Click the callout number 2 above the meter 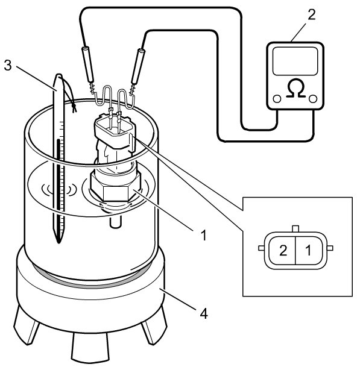pos(312,14)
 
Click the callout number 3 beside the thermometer pos(8,65)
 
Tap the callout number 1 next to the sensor pos(203,235)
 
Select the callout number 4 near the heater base pos(204,313)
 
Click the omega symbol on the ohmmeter pos(296,88)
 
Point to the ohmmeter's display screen pos(295,61)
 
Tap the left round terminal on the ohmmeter pos(277,99)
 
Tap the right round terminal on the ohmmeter pos(313,99)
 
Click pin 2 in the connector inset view pos(283,251)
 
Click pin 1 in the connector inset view pos(308,251)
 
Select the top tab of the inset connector pos(295,228)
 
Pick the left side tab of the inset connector pos(262,248)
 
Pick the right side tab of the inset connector pos(330,248)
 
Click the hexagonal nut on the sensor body pos(115,188)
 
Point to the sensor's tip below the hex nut pos(115,221)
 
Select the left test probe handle pos(87,65)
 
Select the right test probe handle pos(139,66)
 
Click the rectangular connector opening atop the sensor pos(115,128)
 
